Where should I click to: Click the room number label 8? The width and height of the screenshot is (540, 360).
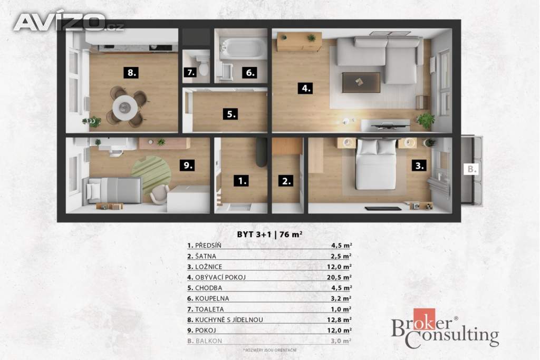pos(131,73)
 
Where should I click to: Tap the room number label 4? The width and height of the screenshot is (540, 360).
pos(305,88)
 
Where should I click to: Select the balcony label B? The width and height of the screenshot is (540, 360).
pos(471,169)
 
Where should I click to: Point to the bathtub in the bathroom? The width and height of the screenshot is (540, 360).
pos(244,48)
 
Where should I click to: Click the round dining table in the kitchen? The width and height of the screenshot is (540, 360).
pos(124,108)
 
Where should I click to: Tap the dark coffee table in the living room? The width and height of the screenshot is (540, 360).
pos(361,82)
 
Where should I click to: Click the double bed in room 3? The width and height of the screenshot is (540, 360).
pos(375,164)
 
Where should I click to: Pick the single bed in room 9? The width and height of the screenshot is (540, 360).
pos(114,190)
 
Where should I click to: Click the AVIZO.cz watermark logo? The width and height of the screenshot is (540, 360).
pos(69,22)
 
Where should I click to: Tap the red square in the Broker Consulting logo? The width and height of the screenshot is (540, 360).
pos(425,319)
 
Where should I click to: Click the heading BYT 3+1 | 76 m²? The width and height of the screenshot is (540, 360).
pos(269,235)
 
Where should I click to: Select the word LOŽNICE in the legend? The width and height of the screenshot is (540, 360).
pos(209,267)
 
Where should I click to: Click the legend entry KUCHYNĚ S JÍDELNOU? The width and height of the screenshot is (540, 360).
pos(225,320)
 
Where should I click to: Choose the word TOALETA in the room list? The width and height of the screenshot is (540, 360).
pos(209,309)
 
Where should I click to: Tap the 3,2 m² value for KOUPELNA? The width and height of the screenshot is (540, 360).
pos(341,298)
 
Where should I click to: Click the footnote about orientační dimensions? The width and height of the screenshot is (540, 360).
pos(269,350)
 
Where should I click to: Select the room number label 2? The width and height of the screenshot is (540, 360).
pos(286,181)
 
